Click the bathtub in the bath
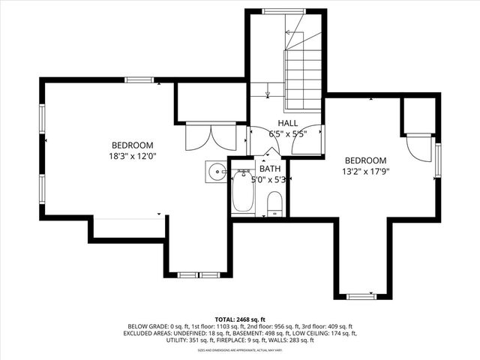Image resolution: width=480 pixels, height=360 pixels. (x=242, y=193)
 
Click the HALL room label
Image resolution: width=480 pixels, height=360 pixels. (x=288, y=123)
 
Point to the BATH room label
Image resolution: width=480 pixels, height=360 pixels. (x=269, y=169)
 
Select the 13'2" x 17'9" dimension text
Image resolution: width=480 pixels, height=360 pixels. (x=365, y=171)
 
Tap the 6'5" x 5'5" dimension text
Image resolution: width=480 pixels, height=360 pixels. (x=288, y=134)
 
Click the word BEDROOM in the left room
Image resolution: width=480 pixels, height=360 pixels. (x=133, y=145)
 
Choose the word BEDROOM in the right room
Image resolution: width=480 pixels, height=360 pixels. (x=365, y=160)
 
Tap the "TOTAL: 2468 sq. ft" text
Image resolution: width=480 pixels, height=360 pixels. (x=240, y=319)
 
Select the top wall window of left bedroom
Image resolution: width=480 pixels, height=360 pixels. (x=139, y=79)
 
